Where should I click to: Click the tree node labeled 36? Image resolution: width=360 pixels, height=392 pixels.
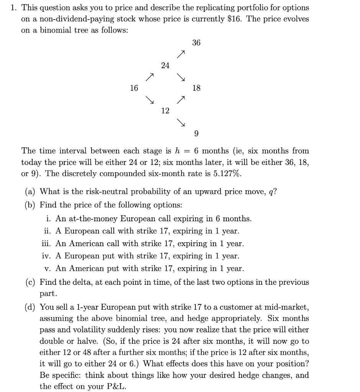coord(196,43)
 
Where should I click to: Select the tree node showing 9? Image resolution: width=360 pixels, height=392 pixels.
coord(196,134)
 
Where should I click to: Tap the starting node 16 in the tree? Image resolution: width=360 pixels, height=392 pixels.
coord(134,88)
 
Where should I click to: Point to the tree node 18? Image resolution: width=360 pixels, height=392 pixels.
coord(196,88)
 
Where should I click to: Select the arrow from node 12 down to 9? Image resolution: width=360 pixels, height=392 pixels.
coord(180,122)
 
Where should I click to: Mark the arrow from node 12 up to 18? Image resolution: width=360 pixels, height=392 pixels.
coord(180,100)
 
